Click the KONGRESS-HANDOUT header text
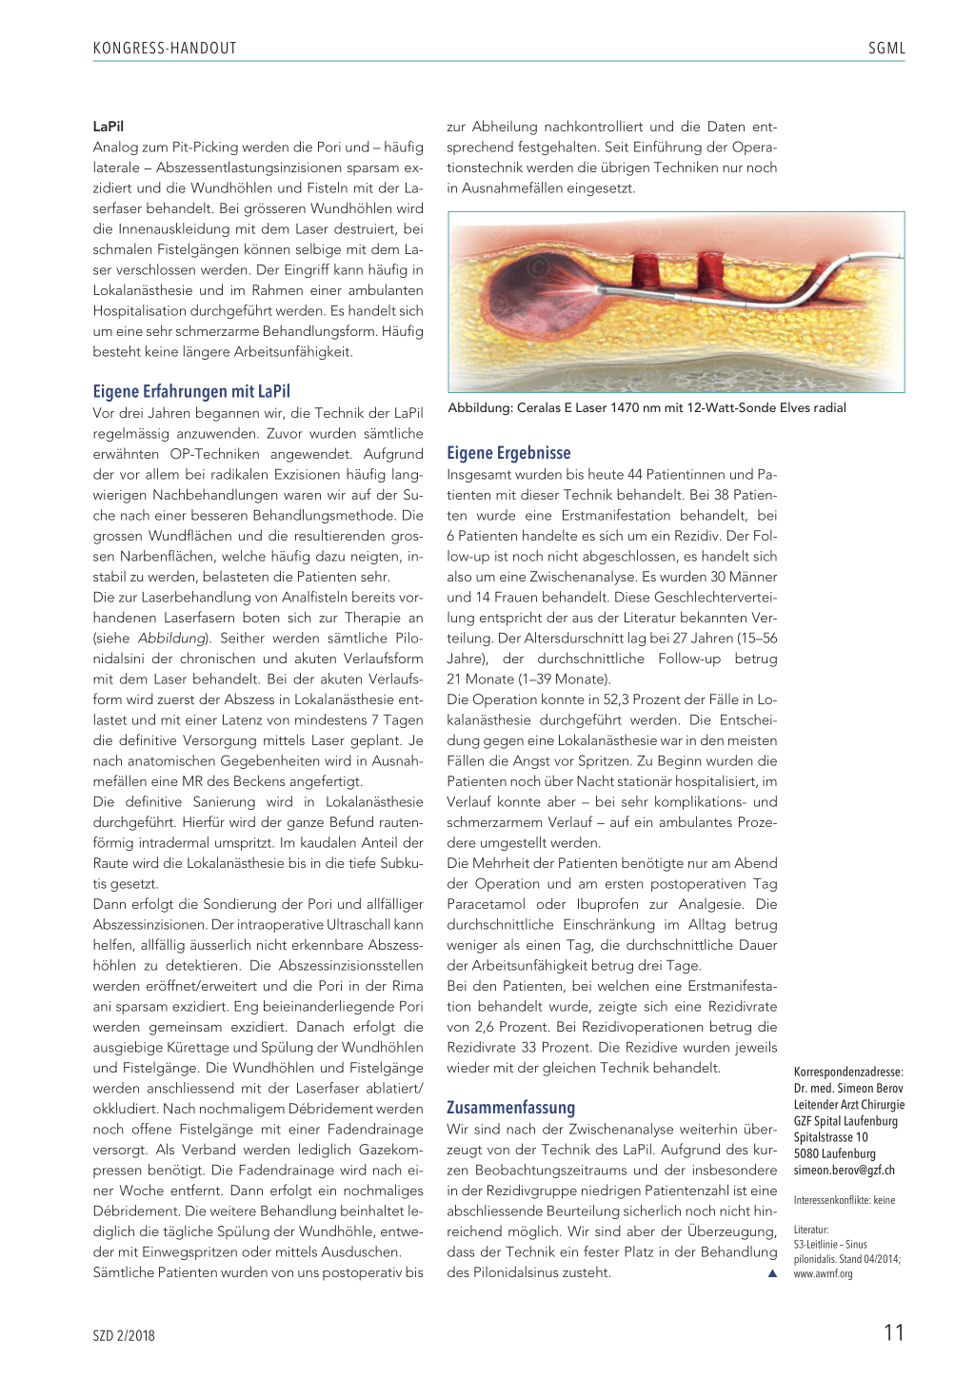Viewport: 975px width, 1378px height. (165, 49)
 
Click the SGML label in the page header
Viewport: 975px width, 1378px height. (885, 49)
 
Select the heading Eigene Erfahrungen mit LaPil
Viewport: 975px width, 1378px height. (191, 391)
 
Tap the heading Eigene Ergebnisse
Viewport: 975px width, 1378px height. (508, 453)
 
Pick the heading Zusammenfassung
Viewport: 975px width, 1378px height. (510, 1108)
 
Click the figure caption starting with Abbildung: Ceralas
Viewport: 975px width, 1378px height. (647, 408)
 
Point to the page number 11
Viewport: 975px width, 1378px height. (893, 1332)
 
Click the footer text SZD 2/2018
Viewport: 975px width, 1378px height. (124, 1335)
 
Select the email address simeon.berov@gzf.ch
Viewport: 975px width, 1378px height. (844, 1171)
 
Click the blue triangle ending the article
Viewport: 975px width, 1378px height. (772, 1273)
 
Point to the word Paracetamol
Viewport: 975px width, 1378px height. (486, 904)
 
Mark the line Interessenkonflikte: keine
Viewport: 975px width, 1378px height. (844, 1200)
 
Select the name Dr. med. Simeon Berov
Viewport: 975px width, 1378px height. (848, 1089)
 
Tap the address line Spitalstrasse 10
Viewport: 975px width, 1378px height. (830, 1137)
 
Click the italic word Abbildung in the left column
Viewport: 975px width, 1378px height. (171, 639)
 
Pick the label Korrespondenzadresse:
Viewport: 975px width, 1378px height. (848, 1073)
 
